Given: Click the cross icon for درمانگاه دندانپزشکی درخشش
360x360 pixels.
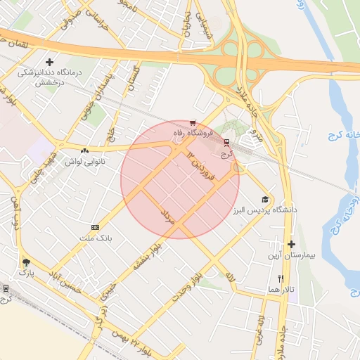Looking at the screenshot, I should pos(49,62).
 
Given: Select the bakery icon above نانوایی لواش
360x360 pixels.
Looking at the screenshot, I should pos(84,150).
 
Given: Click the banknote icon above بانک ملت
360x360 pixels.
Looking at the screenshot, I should pos(95,228).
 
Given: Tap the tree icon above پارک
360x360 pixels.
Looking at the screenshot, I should pos(26,259).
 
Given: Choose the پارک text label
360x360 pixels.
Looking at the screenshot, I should pos(26,271).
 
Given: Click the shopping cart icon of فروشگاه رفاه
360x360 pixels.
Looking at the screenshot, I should pos(193,122).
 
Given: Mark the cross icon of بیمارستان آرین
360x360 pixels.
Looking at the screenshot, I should pos(291,244).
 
